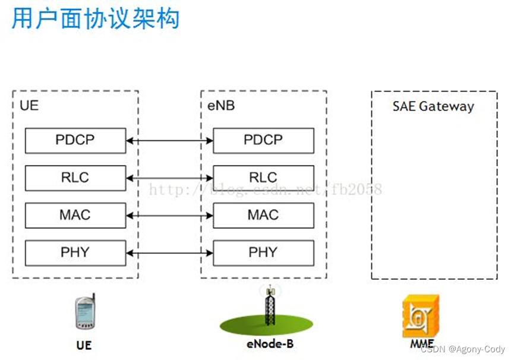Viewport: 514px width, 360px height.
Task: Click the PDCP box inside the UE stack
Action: [75, 140]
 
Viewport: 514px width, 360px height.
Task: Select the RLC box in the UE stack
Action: [75, 178]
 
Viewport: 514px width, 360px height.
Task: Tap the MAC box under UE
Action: [75, 215]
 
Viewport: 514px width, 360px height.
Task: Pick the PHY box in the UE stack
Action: [75, 252]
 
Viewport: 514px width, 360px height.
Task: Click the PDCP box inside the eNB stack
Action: [263, 140]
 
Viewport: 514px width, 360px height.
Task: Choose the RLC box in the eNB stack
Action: [263, 178]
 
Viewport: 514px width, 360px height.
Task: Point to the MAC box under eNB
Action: [263, 215]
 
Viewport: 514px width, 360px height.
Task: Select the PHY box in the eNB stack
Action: [263, 252]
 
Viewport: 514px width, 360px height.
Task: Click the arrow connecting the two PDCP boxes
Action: [169, 141]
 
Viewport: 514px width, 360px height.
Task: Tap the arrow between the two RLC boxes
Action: [169, 178]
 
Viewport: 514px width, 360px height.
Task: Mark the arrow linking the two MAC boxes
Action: [169, 216]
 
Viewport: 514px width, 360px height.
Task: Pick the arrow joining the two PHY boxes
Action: [169, 254]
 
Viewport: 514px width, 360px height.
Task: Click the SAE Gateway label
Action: [433, 107]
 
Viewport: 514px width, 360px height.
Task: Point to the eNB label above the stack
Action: [220, 106]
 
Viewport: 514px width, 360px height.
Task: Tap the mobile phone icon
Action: [84, 313]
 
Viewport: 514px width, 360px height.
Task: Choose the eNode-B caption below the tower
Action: [270, 343]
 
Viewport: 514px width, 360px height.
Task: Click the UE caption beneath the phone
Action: [84, 345]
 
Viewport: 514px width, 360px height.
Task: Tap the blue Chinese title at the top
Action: [96, 19]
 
